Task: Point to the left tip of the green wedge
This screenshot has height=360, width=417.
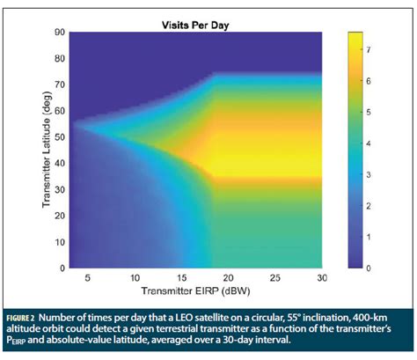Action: point(73,124)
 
